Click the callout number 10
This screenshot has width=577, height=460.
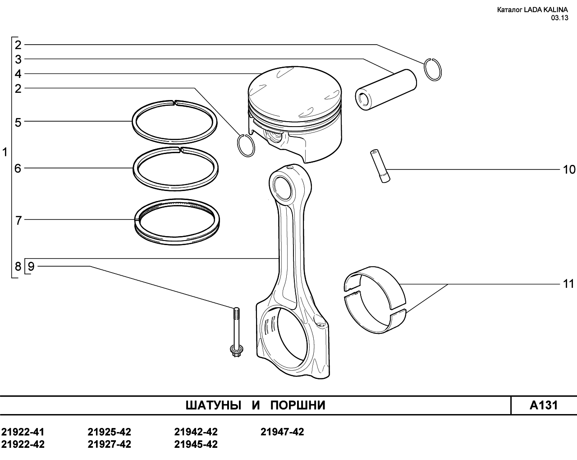click(569, 170)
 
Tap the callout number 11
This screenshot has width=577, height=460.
click(568, 284)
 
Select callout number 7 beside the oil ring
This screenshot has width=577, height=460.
click(18, 221)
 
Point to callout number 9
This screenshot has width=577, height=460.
click(31, 266)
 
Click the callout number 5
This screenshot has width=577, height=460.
click(18, 123)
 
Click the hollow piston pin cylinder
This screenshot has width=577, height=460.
click(386, 90)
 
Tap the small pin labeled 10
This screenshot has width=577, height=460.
click(380, 166)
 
